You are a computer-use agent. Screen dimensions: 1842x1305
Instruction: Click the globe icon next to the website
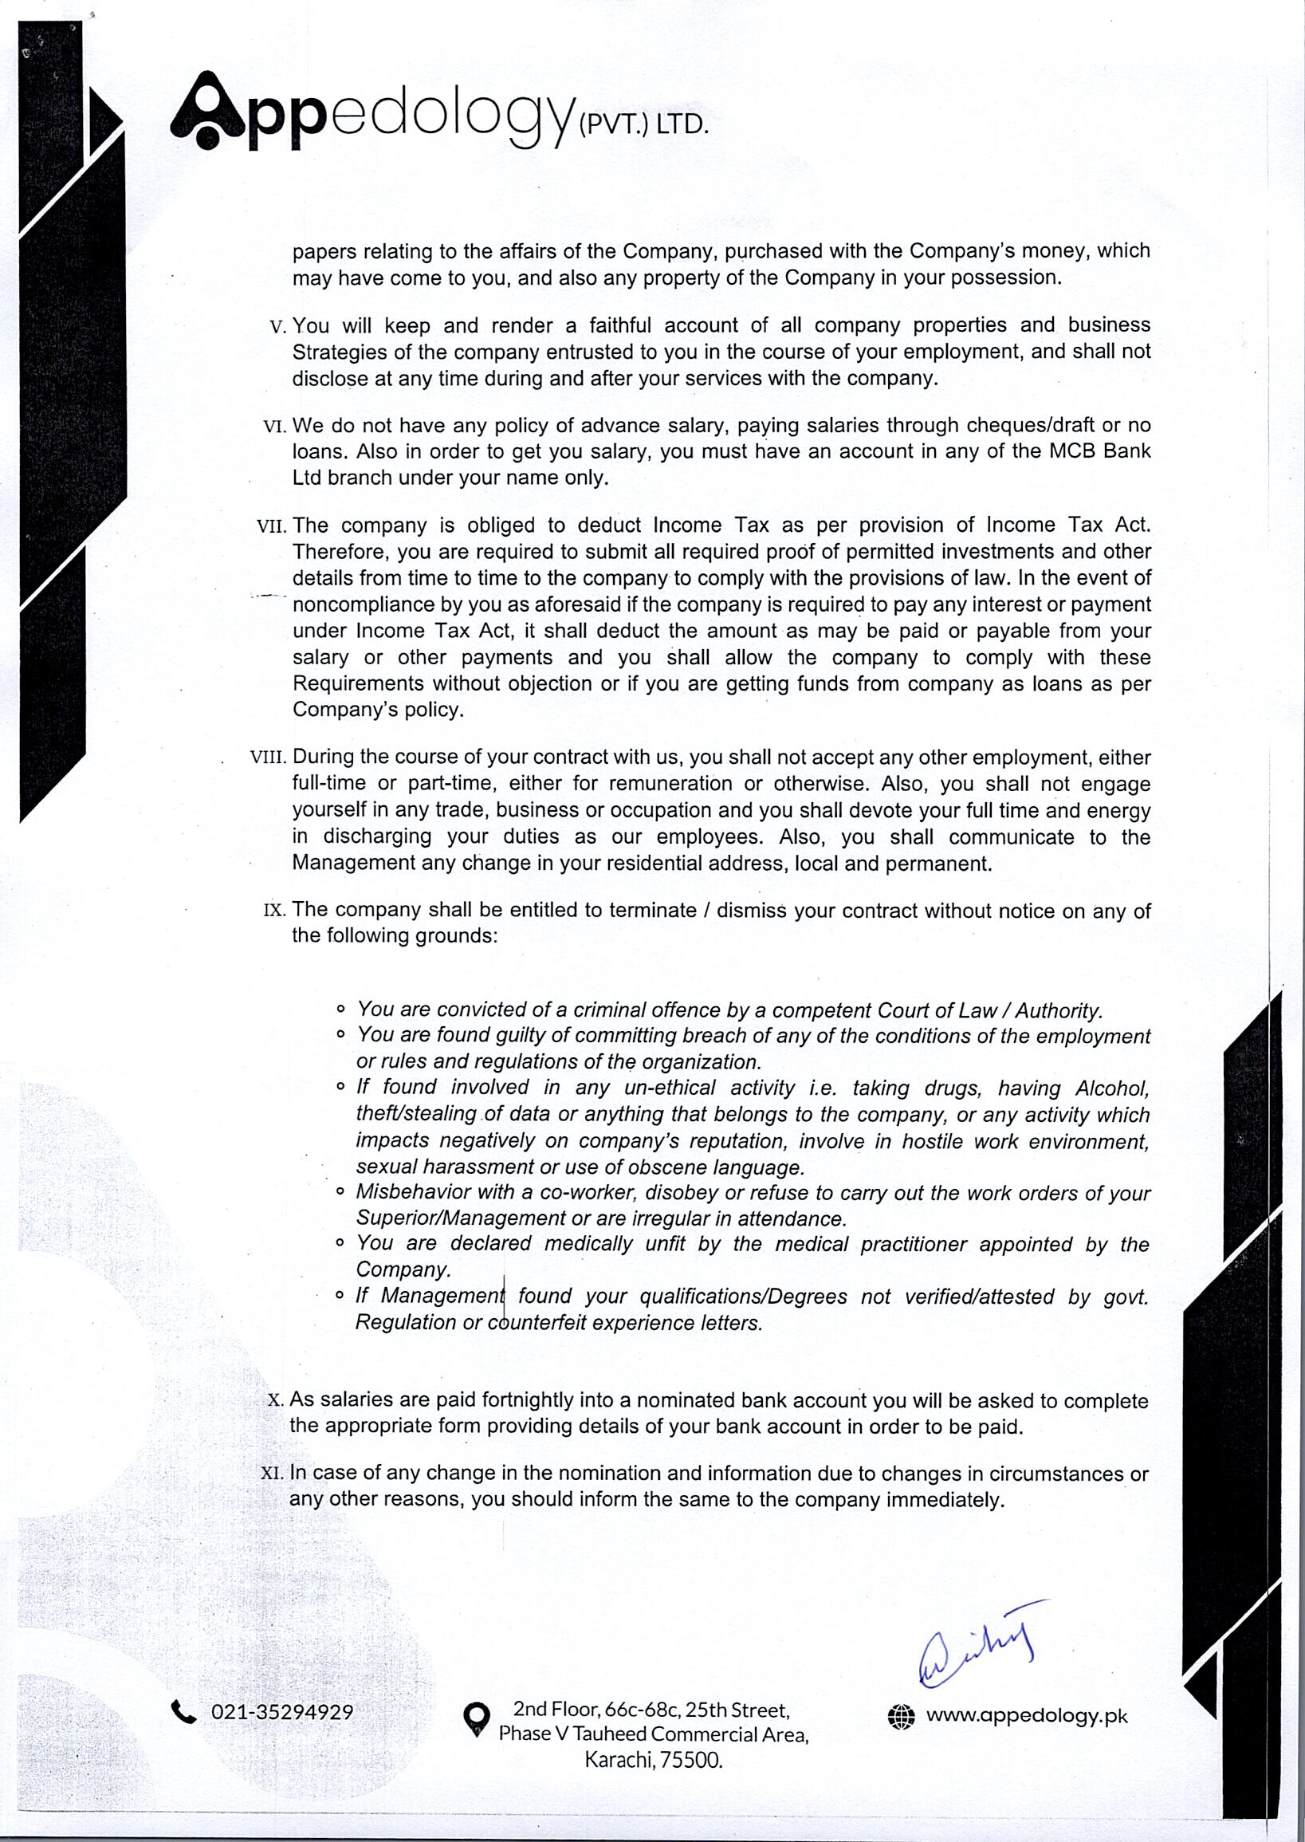pyautogui.click(x=902, y=1718)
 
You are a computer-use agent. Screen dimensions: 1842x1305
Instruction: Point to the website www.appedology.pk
pyautogui.click(x=1027, y=1716)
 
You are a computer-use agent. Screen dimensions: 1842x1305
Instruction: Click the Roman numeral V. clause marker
pyautogui.click(x=279, y=327)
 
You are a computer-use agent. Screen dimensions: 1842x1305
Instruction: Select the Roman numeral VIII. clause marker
pyautogui.click(x=269, y=758)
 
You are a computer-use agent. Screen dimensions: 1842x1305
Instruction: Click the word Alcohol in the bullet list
pyautogui.click(x=1112, y=1088)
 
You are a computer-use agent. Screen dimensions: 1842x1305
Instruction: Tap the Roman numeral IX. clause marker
pyautogui.click(x=276, y=911)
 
